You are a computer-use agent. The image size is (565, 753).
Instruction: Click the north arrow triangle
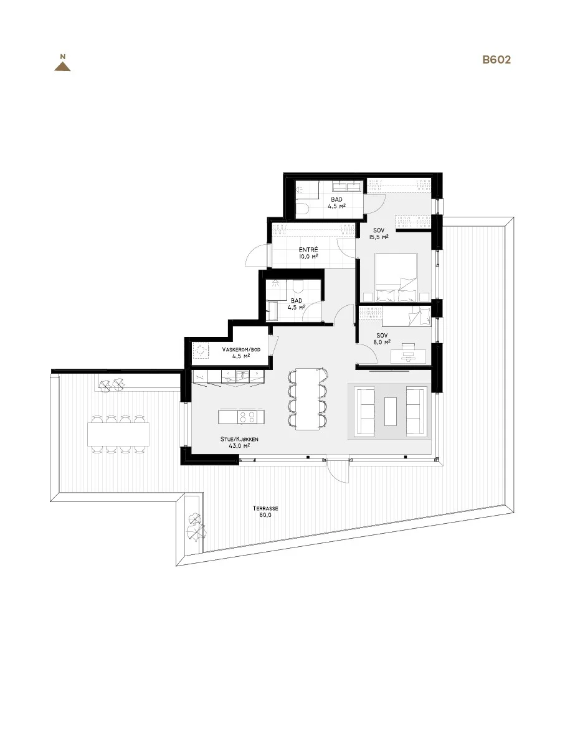(x=62, y=67)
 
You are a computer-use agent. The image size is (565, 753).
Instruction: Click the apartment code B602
(x=496, y=60)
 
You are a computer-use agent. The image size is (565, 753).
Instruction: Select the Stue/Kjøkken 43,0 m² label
(x=239, y=443)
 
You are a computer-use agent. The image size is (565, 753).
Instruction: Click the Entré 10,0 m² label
(x=308, y=253)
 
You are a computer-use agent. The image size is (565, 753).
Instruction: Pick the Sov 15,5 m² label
(x=378, y=234)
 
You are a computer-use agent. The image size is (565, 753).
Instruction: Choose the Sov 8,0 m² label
(x=381, y=339)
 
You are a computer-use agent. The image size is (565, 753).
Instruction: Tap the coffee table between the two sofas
(x=391, y=412)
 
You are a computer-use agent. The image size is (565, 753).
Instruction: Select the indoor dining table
(x=307, y=399)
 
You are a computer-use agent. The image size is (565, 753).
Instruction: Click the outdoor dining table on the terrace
(x=118, y=434)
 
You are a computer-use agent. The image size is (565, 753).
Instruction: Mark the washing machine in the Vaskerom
(x=201, y=351)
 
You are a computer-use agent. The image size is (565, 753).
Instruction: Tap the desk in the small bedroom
(x=408, y=356)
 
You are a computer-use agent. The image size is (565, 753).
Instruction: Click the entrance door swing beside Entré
(x=257, y=254)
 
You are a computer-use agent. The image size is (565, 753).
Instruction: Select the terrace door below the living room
(x=338, y=471)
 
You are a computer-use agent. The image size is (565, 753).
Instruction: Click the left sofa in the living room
(x=366, y=411)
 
